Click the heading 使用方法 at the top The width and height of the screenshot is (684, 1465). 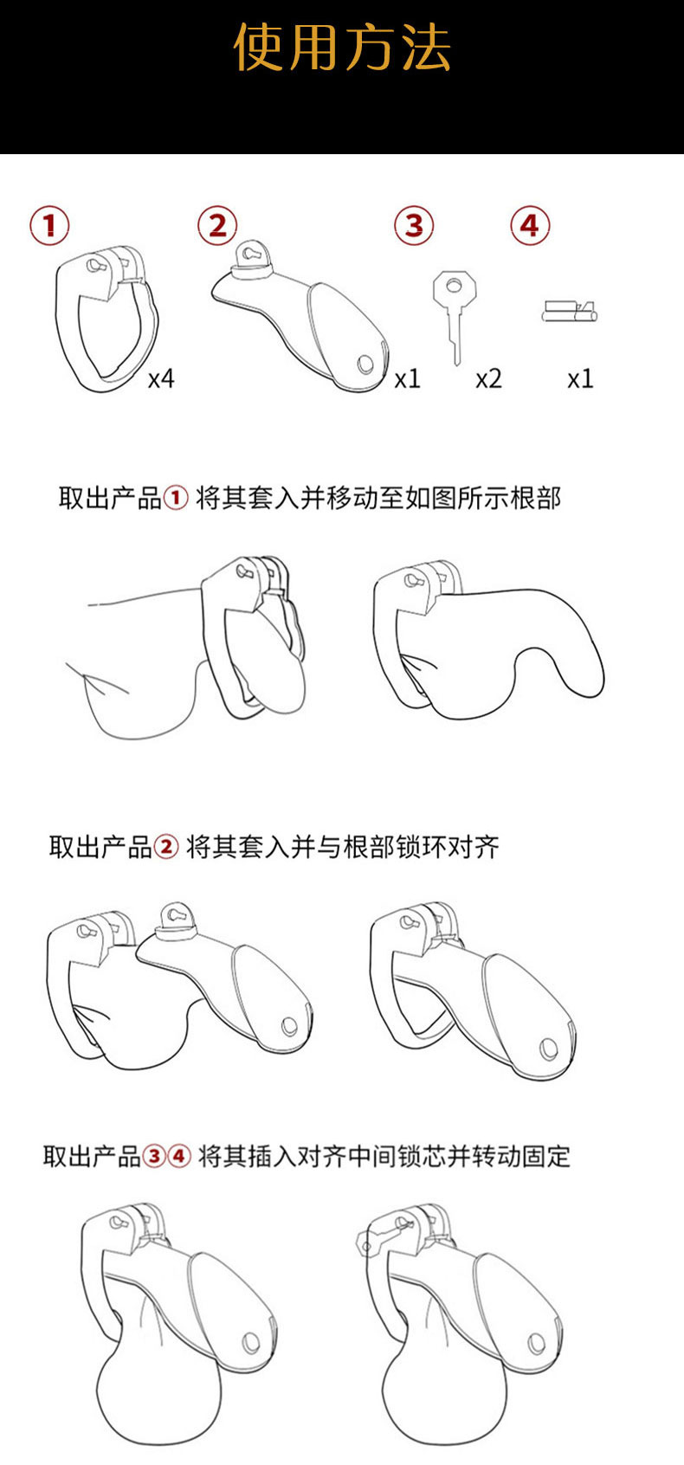pyautogui.click(x=342, y=48)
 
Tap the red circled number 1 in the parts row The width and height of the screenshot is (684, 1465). pyautogui.click(x=49, y=226)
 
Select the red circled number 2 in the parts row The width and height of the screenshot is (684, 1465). pyautogui.click(x=216, y=226)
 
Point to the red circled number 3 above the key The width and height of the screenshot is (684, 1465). pyautogui.click(x=414, y=226)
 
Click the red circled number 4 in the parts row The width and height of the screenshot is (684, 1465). pyautogui.click(x=530, y=226)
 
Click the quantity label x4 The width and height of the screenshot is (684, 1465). pyautogui.click(x=160, y=379)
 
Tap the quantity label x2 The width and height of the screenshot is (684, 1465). pyautogui.click(x=488, y=379)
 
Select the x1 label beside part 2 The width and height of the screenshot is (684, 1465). pyautogui.click(x=407, y=379)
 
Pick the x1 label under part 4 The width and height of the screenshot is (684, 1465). pyautogui.click(x=580, y=379)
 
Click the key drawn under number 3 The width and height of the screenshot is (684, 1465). pyautogui.click(x=452, y=312)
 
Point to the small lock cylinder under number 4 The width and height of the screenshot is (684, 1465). pyautogui.click(x=569, y=311)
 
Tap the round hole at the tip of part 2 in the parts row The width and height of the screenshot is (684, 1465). pyautogui.click(x=367, y=365)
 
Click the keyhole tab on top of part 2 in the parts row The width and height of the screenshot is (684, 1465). pyautogui.click(x=250, y=255)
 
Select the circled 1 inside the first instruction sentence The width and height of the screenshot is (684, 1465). pyautogui.click(x=175, y=499)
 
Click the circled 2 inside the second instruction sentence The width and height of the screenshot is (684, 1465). pyautogui.click(x=165, y=847)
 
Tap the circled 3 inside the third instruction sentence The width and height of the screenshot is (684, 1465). pyautogui.click(x=153, y=1156)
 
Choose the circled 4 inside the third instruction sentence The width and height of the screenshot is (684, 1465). pyautogui.click(x=178, y=1156)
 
